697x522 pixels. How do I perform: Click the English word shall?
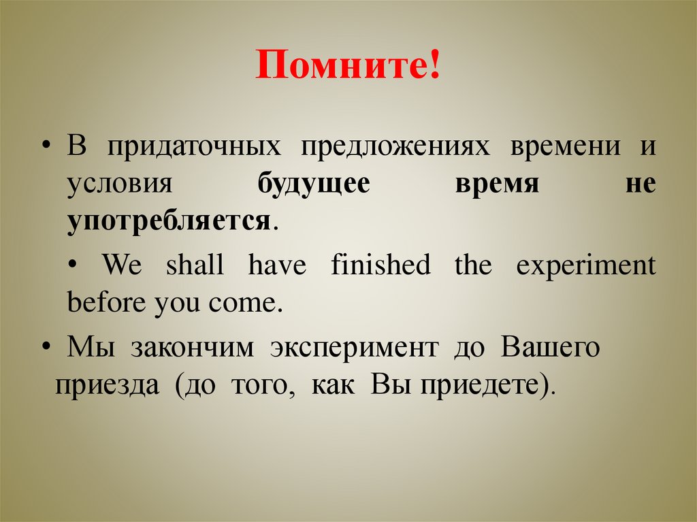[x=195, y=265]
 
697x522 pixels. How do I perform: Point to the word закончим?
[x=193, y=348]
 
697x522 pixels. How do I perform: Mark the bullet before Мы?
[x=46, y=348]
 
